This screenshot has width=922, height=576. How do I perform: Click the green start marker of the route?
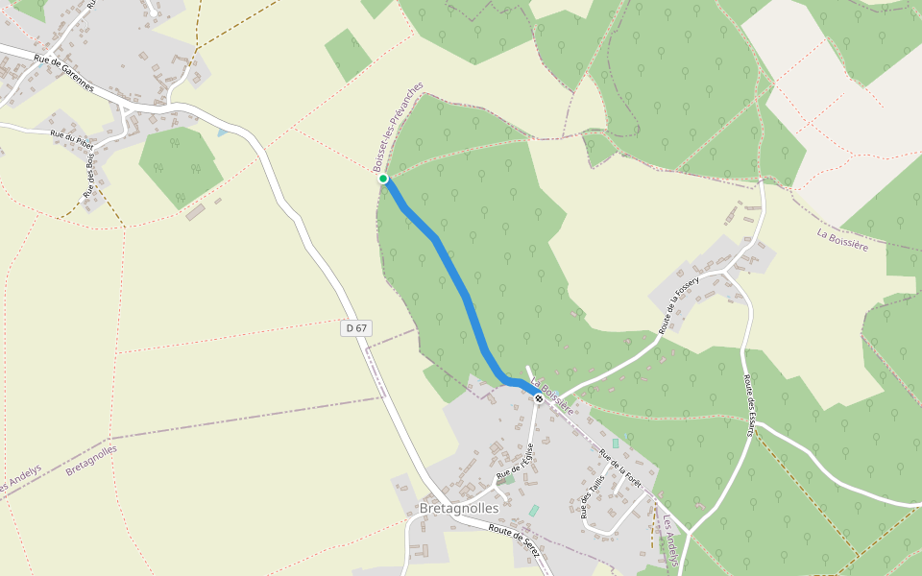383,179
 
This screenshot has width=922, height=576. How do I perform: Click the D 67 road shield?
355,328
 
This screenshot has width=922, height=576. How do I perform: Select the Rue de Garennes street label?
63,74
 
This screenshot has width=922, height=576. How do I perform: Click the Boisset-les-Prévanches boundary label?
398,127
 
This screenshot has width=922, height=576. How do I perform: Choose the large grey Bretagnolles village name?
459,507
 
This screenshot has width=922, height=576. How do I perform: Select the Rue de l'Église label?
515,464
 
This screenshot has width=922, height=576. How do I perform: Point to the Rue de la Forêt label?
619,468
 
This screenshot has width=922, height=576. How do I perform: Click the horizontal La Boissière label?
842,239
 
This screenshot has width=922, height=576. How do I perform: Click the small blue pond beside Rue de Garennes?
222,132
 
